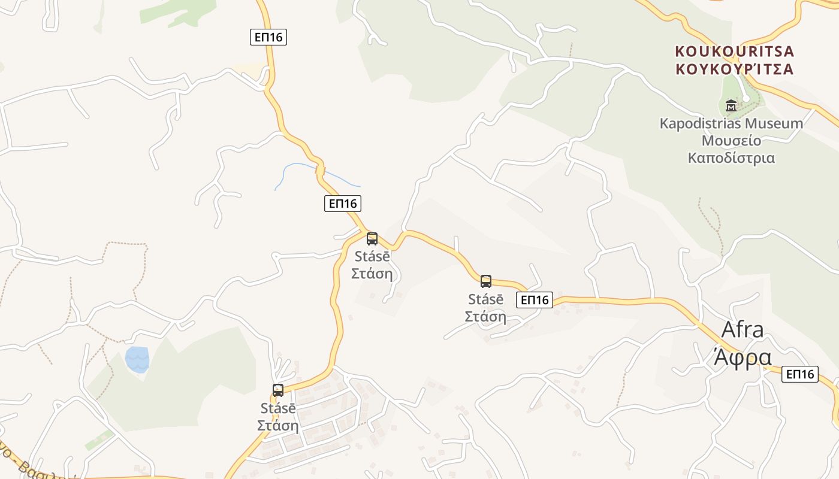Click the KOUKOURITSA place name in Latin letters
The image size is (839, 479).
(x=734, y=51)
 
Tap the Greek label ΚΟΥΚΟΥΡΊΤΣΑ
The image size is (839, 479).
(x=734, y=68)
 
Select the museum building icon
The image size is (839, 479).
(x=731, y=106)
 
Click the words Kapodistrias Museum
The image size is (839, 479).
(x=731, y=124)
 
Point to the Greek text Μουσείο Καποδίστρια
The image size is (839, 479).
(x=731, y=150)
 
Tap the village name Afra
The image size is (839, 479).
(x=743, y=329)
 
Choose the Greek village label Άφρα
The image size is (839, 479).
(x=743, y=357)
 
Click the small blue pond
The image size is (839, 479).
(x=137, y=359)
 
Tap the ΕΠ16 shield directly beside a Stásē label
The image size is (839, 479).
(x=535, y=300)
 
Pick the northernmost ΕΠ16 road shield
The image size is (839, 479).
(x=268, y=37)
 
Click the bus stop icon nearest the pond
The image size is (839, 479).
(x=278, y=390)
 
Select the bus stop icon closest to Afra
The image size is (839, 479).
(x=486, y=281)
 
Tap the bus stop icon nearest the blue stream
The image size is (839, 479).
(x=372, y=239)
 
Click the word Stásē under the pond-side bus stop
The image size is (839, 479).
(x=278, y=408)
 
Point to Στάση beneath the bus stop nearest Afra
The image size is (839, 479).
(x=485, y=317)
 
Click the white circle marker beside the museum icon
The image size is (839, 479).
(x=746, y=98)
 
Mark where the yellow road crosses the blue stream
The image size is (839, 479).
(x=320, y=169)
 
